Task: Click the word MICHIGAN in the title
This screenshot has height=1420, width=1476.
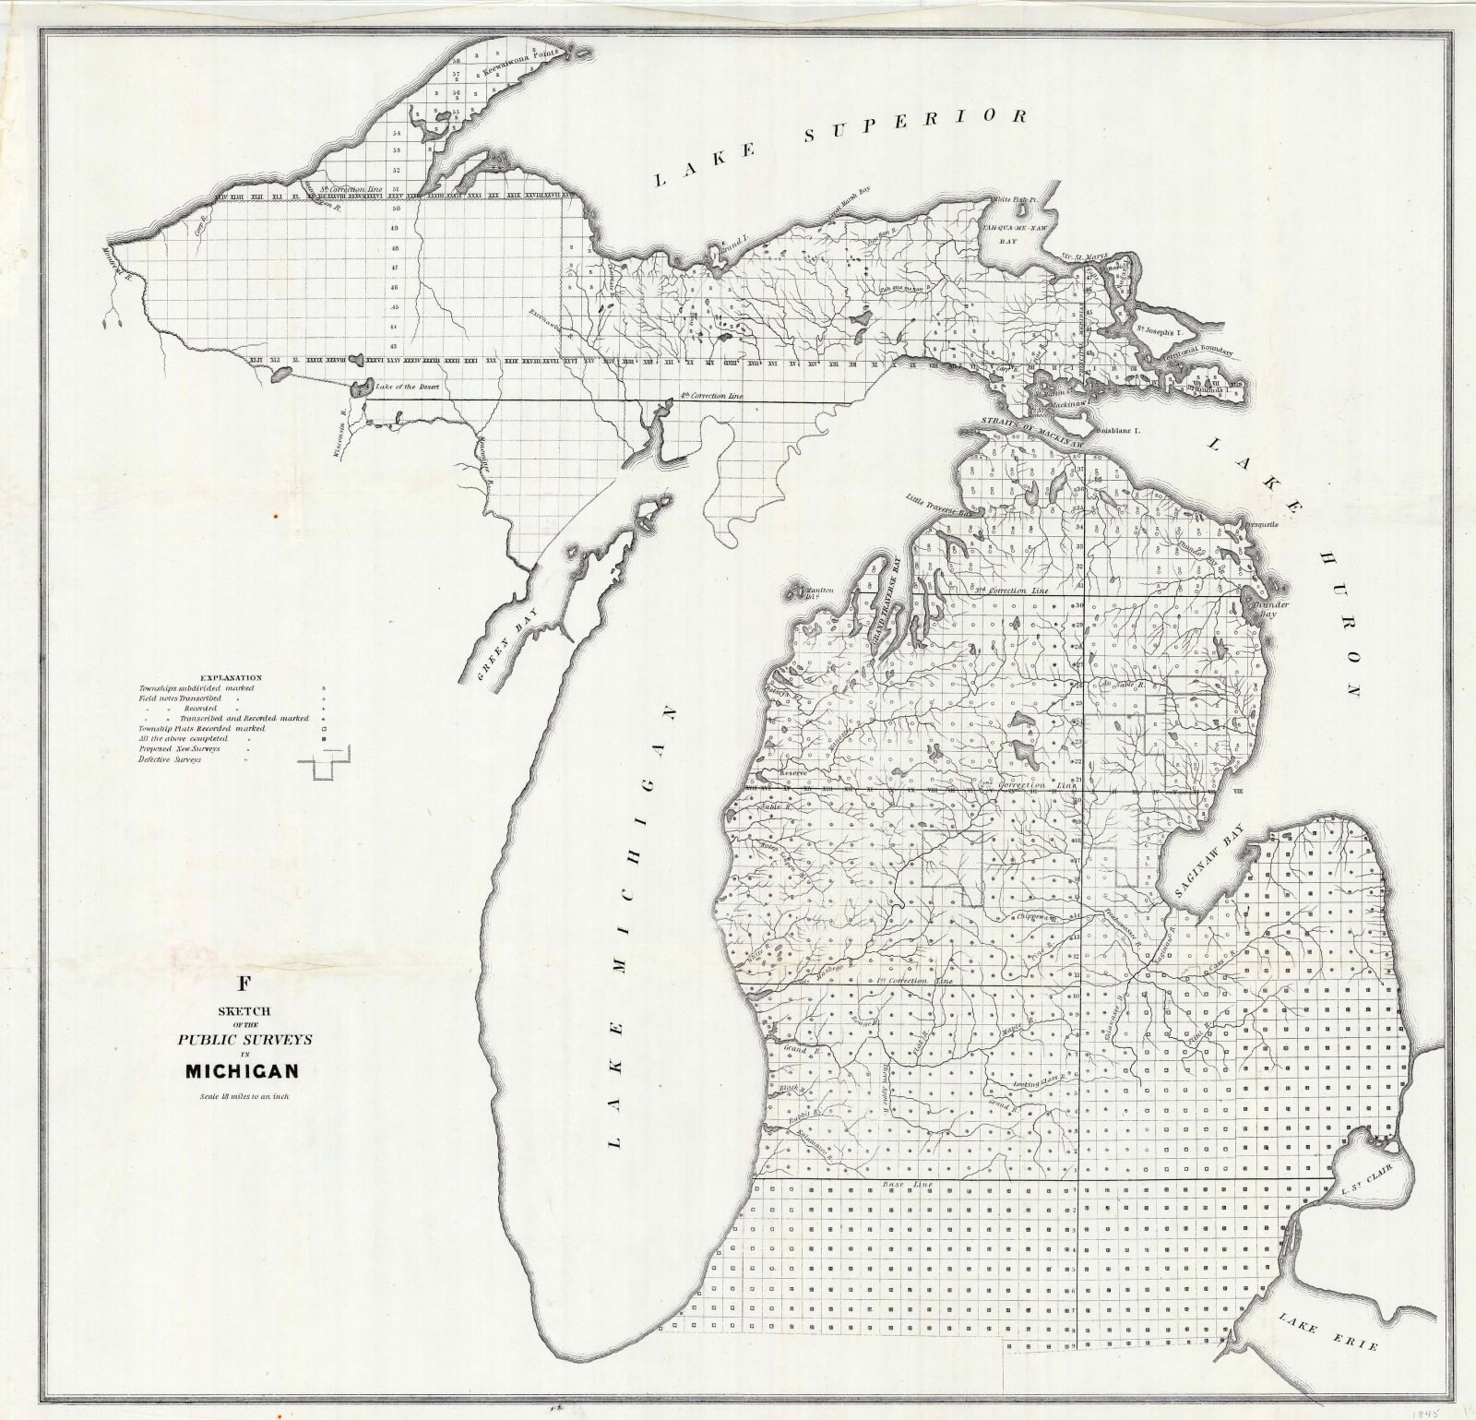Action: coord(242,1072)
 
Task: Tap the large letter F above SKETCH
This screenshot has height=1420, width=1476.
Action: coord(244,984)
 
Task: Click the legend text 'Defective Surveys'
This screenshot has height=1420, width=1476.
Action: coord(170,759)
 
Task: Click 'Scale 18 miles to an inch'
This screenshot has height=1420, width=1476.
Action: coord(243,1097)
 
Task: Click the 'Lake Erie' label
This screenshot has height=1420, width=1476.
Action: coord(1328,1335)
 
